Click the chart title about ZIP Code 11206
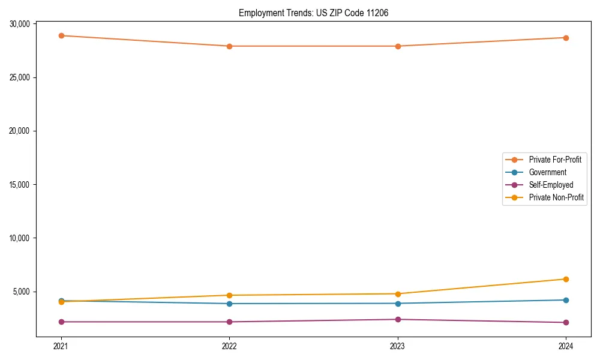[x=313, y=13]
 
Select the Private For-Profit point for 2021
[x=61, y=35]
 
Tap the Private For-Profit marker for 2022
[x=229, y=46]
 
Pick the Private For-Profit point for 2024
[x=566, y=38]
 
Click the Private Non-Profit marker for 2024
[x=566, y=279]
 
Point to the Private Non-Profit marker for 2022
[x=229, y=295]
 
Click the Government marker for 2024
[x=566, y=300]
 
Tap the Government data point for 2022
[x=229, y=304]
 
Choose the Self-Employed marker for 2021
[x=61, y=322]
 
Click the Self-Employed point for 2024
[x=566, y=323]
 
